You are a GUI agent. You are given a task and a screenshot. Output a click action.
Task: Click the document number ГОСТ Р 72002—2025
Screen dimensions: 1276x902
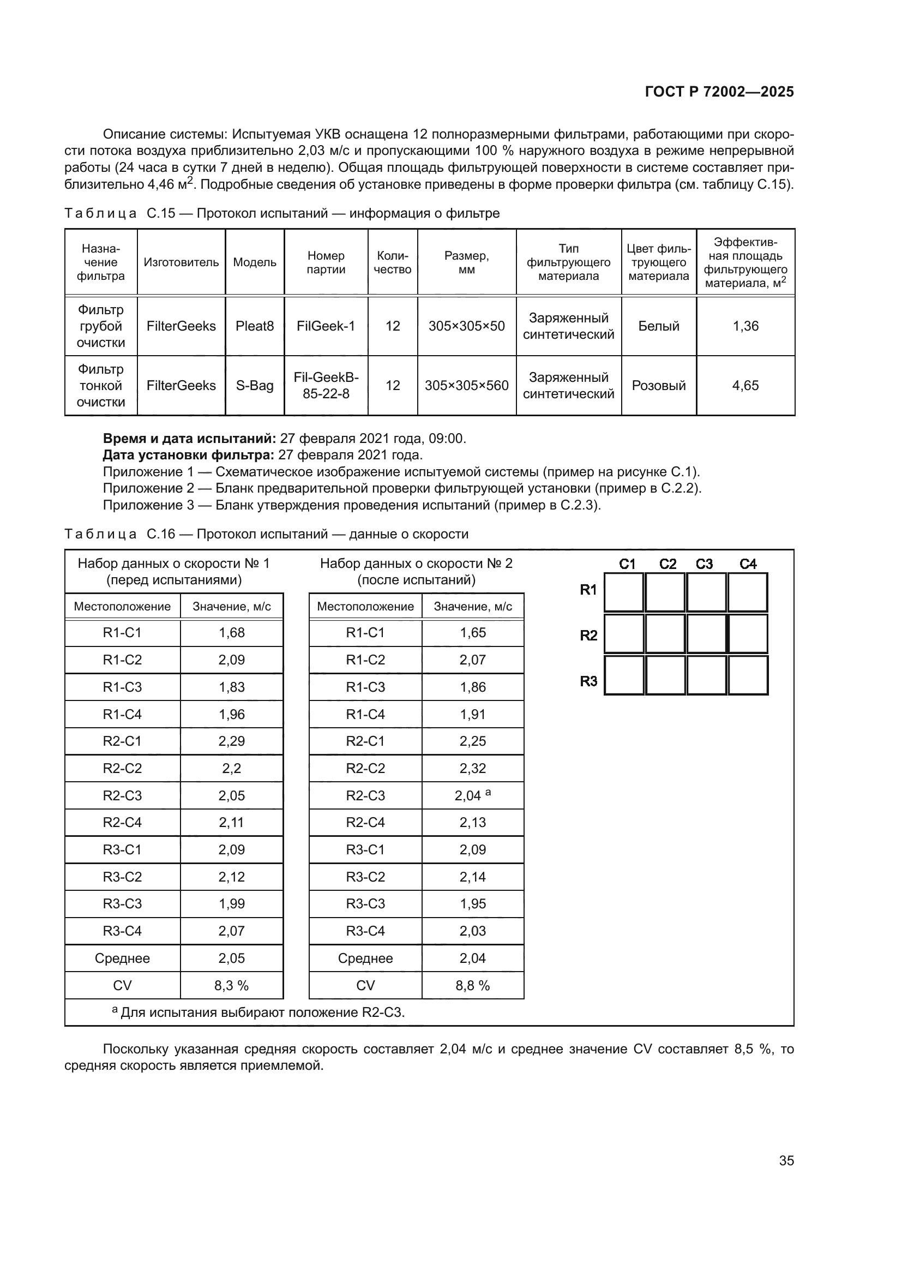point(719,92)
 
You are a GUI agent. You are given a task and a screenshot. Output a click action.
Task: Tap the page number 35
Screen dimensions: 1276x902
point(786,1160)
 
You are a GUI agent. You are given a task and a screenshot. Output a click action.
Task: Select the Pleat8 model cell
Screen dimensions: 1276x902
point(254,326)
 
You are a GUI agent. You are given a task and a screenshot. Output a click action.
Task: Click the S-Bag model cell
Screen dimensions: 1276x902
point(254,386)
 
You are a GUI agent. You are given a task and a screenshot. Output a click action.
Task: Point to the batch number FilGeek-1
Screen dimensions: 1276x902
point(326,326)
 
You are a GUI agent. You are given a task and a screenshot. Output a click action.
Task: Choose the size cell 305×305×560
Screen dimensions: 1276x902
point(467,386)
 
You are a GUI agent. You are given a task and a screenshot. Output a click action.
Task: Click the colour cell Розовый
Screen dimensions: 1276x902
point(659,386)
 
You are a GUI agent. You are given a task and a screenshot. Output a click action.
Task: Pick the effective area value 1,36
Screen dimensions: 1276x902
point(745,326)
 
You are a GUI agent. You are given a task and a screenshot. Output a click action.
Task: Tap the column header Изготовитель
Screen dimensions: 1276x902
point(181,262)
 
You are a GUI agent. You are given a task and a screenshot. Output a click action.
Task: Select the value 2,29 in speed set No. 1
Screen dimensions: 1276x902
point(232,741)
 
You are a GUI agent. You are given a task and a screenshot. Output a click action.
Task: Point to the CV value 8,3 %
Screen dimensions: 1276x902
point(232,986)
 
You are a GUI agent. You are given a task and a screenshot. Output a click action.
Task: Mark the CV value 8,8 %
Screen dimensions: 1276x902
point(473,986)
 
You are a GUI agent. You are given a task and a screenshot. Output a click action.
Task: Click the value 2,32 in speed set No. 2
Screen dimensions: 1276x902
point(473,769)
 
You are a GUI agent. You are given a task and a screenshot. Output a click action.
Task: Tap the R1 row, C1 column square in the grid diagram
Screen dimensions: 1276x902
point(623,592)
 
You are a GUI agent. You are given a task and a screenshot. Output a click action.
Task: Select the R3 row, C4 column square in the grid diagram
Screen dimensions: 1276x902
point(748,675)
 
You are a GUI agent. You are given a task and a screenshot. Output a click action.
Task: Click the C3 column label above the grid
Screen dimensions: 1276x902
point(704,564)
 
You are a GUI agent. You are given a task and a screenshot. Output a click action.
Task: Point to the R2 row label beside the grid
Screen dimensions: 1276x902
point(588,635)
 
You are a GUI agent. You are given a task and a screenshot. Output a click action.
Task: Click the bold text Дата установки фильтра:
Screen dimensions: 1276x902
point(188,455)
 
